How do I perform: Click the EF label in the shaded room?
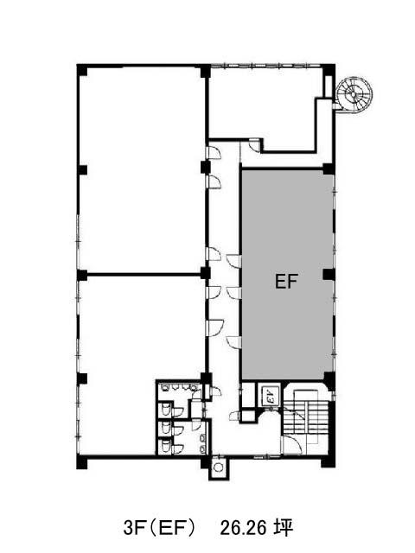(286, 281)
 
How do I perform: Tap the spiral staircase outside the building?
(354, 94)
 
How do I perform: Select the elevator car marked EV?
(271, 395)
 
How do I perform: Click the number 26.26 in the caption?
(243, 529)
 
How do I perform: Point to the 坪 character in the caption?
(284, 528)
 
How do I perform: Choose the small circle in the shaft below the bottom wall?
(219, 467)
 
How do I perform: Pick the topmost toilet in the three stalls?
(166, 409)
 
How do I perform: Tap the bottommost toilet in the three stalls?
(166, 446)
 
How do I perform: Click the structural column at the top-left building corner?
(82, 70)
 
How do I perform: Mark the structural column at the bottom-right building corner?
(328, 462)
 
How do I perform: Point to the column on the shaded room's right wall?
(329, 275)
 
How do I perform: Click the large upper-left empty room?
(141, 169)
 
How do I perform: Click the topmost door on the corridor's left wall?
(214, 152)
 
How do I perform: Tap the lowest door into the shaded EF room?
(234, 342)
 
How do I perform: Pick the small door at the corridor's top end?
(254, 144)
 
